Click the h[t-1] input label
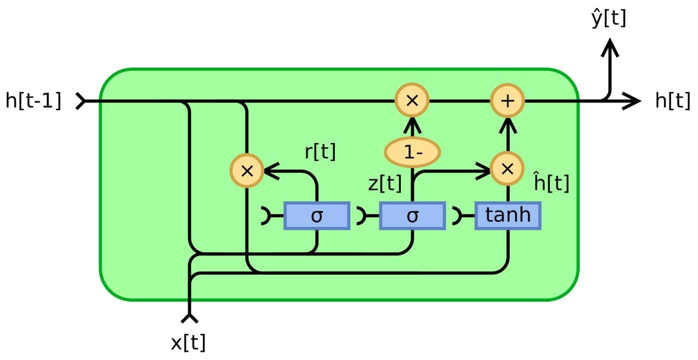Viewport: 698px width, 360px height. click(x=33, y=101)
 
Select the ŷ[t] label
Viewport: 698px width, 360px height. click(x=609, y=19)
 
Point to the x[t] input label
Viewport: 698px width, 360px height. click(x=188, y=343)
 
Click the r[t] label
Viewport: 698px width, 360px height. click(x=320, y=152)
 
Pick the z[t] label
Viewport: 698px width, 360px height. click(x=385, y=184)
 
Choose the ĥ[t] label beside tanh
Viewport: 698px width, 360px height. click(x=551, y=183)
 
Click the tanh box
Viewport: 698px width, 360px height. click(x=508, y=215)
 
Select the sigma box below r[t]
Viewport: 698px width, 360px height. click(x=317, y=215)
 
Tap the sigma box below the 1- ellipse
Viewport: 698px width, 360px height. click(x=412, y=215)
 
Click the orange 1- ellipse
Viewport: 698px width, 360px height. click(x=412, y=152)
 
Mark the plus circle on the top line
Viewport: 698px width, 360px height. click(x=508, y=101)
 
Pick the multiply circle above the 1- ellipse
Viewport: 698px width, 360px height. click(x=412, y=101)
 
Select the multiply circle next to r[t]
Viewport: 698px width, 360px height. click(x=247, y=171)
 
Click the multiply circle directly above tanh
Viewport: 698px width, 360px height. click(x=508, y=169)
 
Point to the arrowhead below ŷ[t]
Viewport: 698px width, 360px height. click(x=610, y=49)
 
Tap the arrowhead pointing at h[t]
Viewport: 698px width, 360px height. click(x=634, y=101)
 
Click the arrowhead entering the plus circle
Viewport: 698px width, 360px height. click(x=508, y=125)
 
